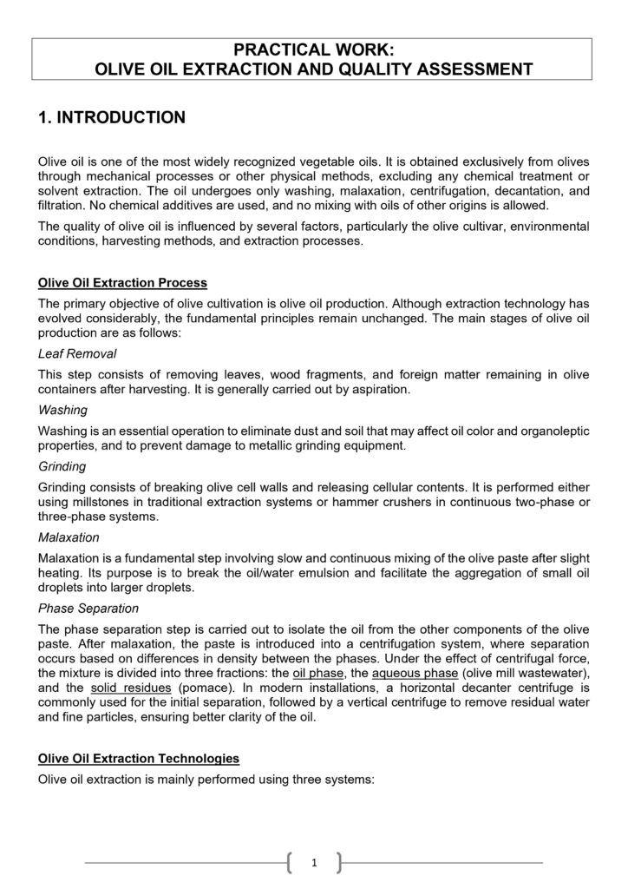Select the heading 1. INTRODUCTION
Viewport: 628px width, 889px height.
pos(112,117)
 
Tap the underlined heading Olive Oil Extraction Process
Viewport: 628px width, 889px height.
pos(122,283)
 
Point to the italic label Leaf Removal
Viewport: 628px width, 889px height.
pos(77,354)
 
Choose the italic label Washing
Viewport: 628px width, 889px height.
pos(62,410)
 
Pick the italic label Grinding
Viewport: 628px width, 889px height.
pos(62,466)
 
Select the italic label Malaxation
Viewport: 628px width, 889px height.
pos(69,537)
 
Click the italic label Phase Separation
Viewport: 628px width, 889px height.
pos(88,609)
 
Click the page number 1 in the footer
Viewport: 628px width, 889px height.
pos(313,862)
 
